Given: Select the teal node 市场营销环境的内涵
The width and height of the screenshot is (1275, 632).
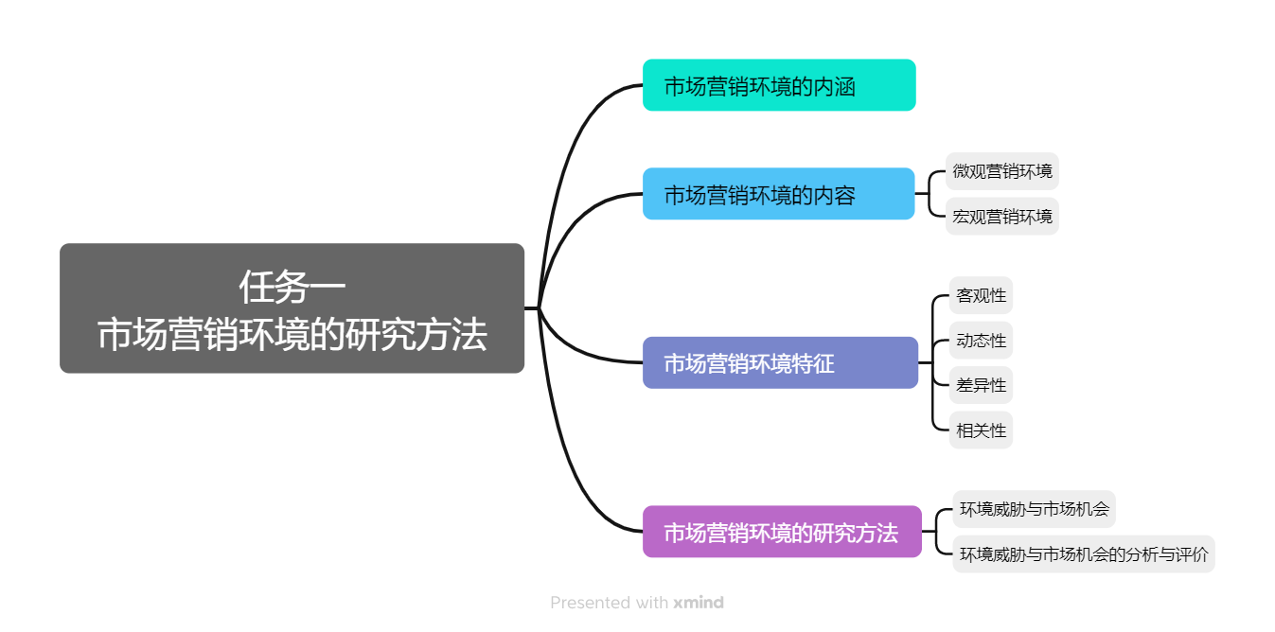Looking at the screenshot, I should (778, 85).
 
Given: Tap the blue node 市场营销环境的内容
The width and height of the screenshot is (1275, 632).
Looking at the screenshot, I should (778, 194).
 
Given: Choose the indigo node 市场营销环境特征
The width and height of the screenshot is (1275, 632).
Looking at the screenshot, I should (780, 362).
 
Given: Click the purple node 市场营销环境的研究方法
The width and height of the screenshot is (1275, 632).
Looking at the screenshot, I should (782, 532).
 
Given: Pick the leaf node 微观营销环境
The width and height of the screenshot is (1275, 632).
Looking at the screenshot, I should (1002, 171).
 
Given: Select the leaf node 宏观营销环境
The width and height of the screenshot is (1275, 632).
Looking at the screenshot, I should (1002, 217).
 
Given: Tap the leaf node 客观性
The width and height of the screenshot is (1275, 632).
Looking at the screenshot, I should (981, 295).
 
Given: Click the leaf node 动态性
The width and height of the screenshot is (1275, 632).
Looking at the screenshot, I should (981, 341).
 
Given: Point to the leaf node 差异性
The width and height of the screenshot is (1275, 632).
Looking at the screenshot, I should (981, 385).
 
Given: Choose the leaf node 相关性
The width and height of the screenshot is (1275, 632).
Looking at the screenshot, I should (981, 430).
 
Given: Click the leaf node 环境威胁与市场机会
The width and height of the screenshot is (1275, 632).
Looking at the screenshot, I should (1034, 509).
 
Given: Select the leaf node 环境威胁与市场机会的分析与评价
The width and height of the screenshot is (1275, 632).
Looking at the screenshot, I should (1083, 554).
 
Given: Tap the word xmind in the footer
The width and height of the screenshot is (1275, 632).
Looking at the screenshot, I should (699, 603).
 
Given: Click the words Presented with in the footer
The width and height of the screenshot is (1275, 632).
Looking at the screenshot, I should (610, 603).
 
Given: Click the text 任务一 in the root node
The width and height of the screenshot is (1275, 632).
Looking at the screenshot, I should (292, 285).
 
